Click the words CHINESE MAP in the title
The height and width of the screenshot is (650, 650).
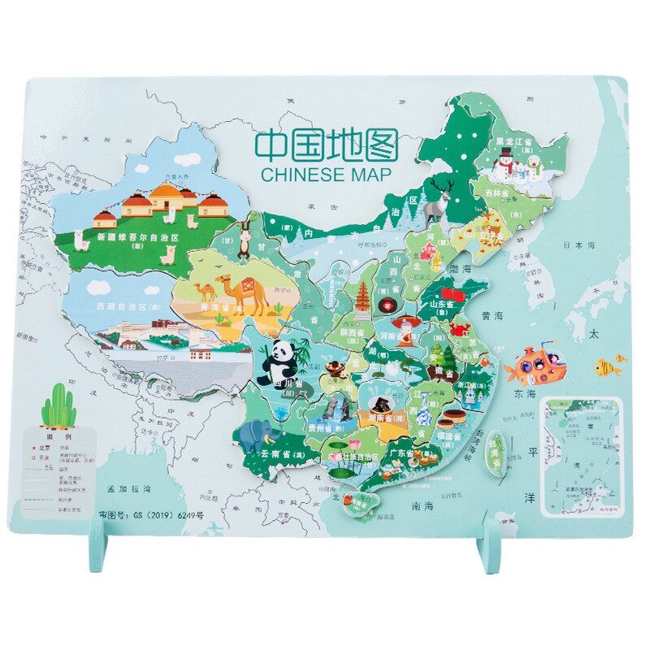[326, 174]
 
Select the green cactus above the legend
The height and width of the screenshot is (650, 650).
[58, 406]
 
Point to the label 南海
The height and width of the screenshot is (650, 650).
[423, 505]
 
